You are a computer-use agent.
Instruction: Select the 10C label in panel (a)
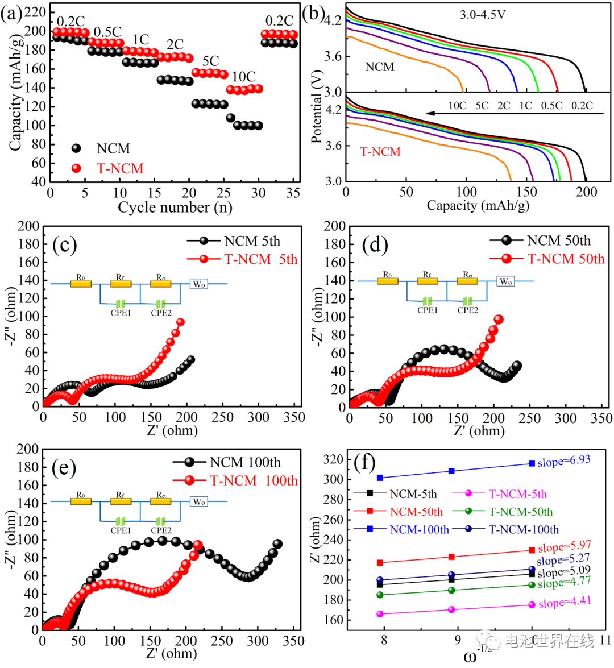coord(244,76)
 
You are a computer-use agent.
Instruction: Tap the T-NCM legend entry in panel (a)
coord(119,168)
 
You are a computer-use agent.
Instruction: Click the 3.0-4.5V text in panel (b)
coord(483,14)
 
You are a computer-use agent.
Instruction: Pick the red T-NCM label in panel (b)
coord(380,152)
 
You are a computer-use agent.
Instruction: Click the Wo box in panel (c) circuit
coord(198,284)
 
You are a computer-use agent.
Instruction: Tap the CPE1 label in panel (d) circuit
coord(428,310)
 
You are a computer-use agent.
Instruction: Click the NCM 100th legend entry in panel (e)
coord(245,462)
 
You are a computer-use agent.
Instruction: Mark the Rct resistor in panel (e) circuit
coord(161,501)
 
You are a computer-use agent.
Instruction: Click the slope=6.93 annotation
coord(564,461)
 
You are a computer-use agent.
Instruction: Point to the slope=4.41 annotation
coord(565,602)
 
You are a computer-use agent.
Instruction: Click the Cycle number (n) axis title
coord(175,208)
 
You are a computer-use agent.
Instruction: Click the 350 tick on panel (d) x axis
coord(601,418)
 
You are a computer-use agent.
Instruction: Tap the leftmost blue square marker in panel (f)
coord(380,478)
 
